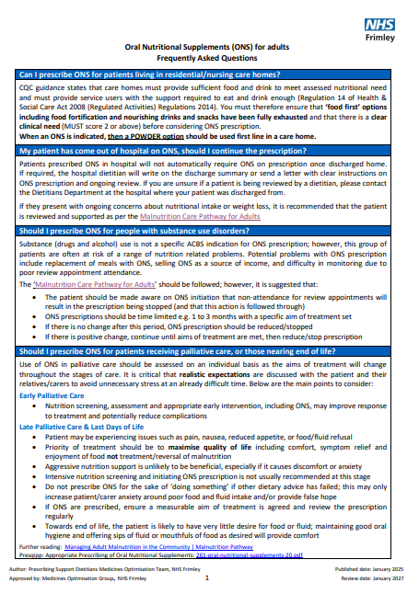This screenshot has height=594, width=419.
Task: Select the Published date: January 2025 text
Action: (x=361, y=570)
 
